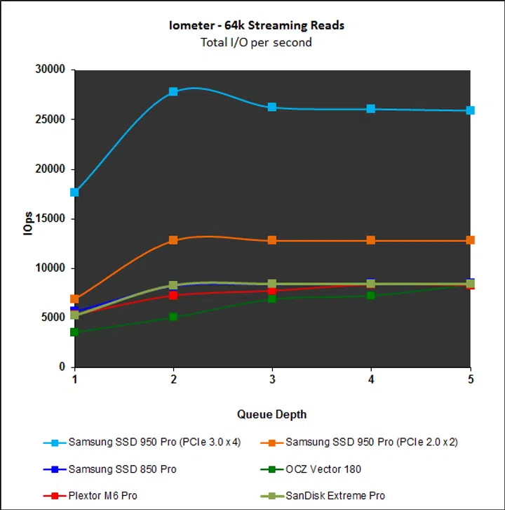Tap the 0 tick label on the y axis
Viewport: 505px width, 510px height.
click(62, 367)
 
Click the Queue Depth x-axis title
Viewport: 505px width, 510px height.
click(271, 414)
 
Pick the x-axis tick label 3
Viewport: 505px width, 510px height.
click(272, 379)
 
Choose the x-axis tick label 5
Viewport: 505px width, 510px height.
click(471, 379)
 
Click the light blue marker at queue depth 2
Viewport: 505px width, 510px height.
click(173, 92)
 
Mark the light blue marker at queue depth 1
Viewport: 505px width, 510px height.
click(74, 192)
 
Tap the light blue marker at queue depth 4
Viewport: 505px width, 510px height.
click(371, 109)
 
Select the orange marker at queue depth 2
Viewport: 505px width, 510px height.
click(173, 240)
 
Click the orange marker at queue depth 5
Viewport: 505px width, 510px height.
click(471, 240)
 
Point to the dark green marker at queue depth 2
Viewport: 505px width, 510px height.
click(173, 318)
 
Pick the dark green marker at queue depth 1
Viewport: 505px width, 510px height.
click(74, 332)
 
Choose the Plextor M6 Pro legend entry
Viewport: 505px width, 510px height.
click(102, 496)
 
